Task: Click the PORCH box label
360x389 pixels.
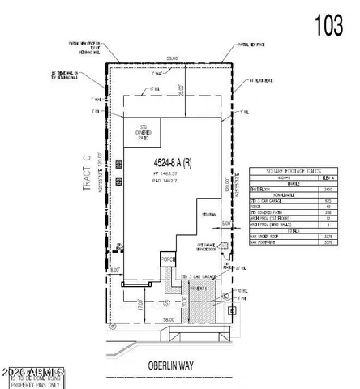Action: click(x=168, y=259)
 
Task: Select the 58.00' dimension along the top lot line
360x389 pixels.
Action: click(x=168, y=59)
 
